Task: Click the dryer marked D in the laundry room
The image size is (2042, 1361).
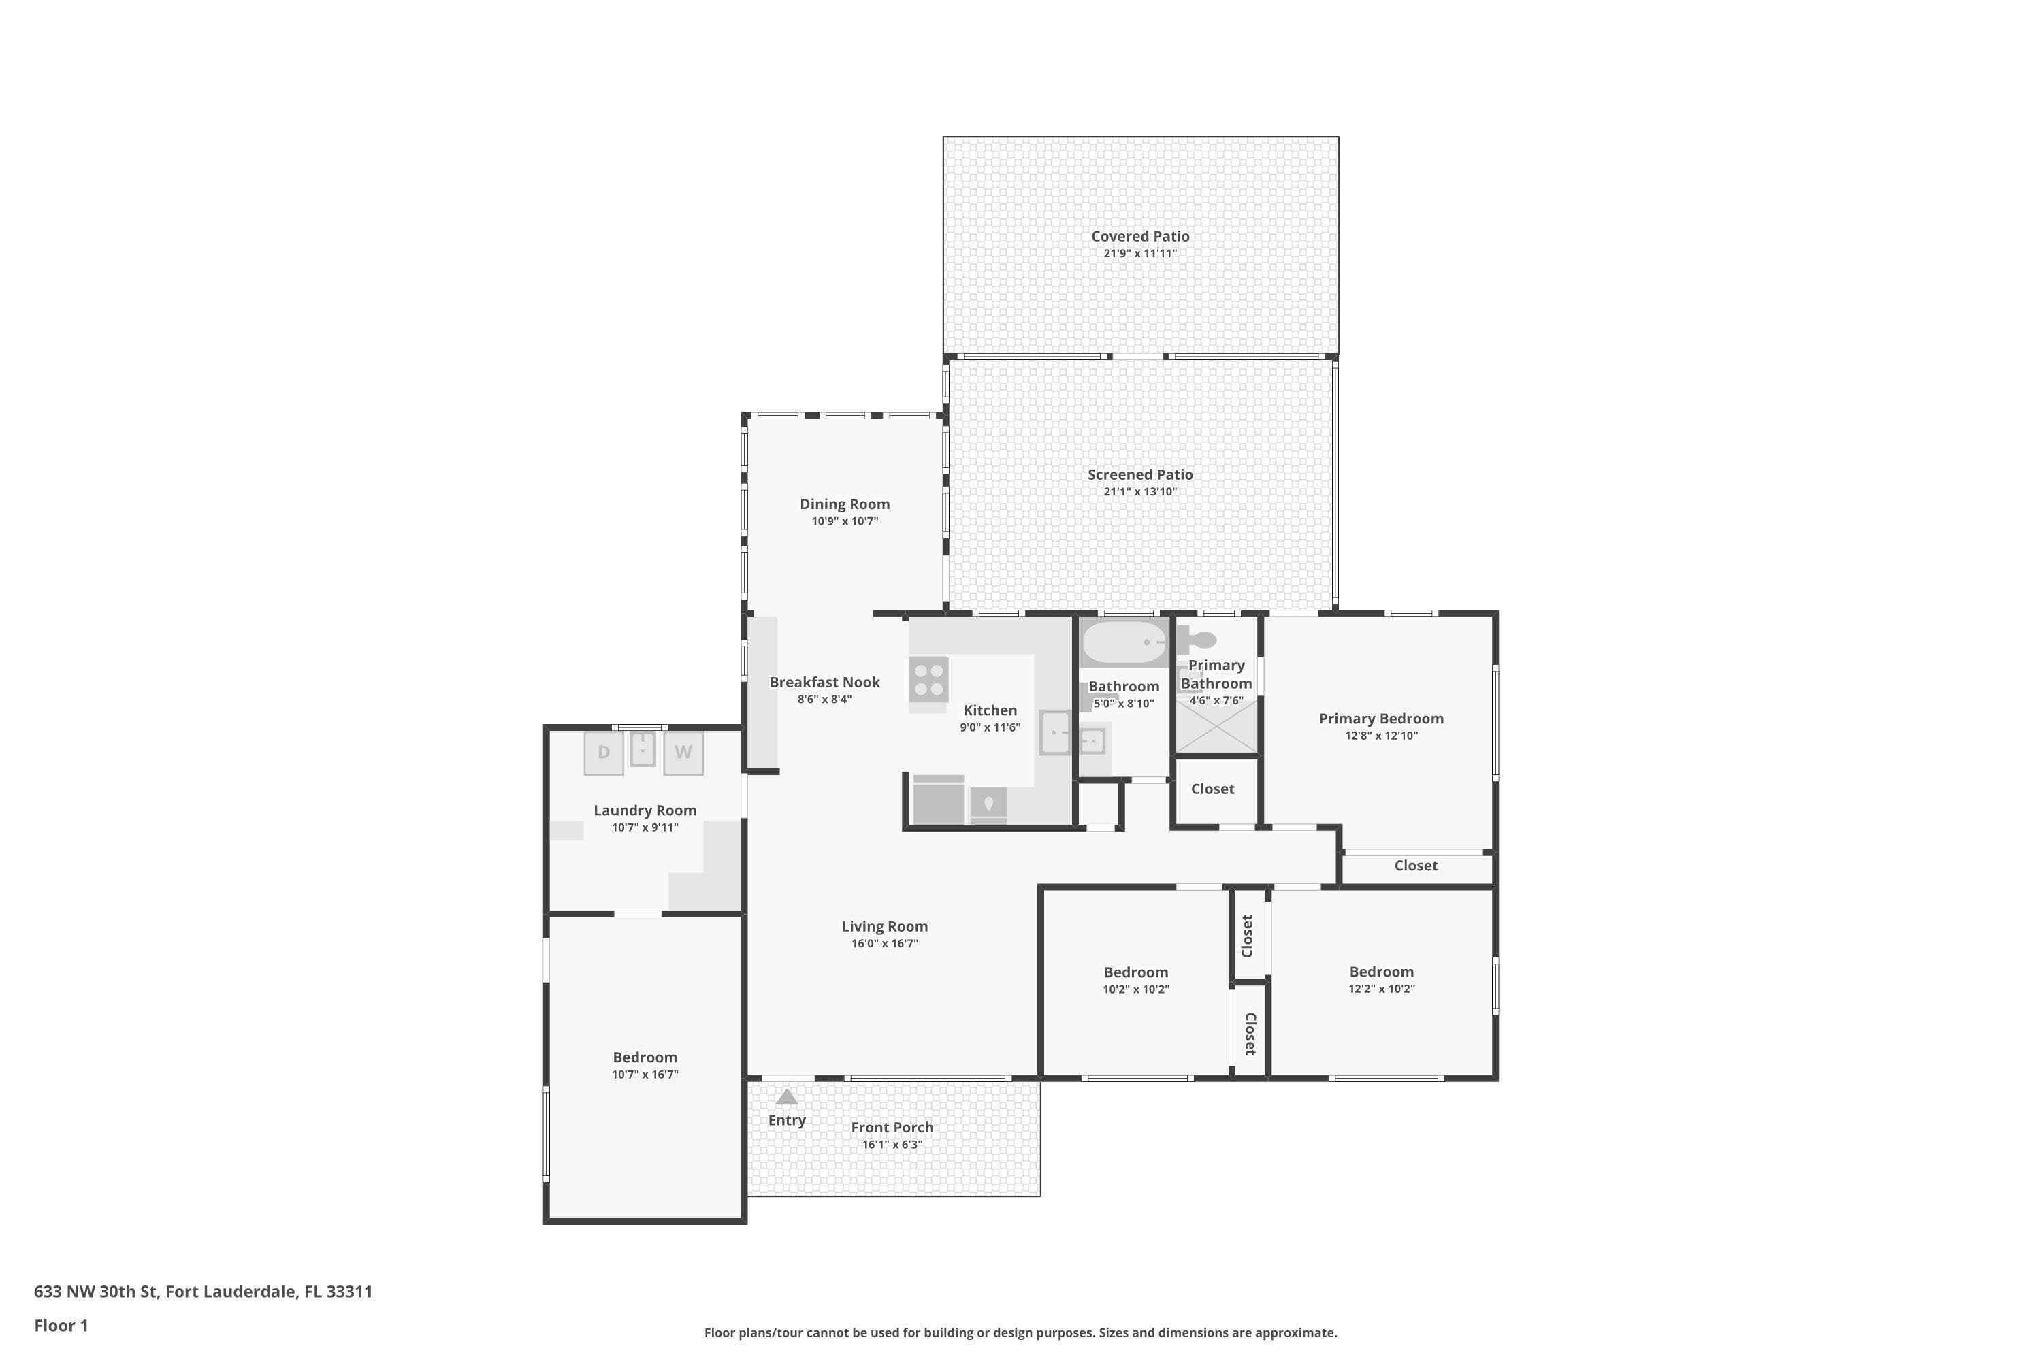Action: coord(603,753)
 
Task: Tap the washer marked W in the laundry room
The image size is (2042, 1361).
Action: coord(683,753)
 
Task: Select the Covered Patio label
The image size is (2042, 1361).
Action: coord(1140,236)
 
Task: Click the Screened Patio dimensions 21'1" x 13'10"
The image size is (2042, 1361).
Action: coord(1140,491)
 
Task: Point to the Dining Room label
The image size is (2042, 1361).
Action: coord(845,504)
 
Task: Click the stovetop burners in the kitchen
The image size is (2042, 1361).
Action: coord(929,680)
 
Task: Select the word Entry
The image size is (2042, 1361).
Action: coord(787,1121)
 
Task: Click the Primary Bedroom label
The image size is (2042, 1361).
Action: coord(1381,719)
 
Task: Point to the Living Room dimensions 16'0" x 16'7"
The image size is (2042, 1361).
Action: coord(885,943)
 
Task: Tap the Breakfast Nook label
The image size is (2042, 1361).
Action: coord(825,683)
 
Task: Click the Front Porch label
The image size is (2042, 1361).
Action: coord(892,1128)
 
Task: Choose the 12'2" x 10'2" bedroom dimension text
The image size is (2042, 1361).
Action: coord(1381,989)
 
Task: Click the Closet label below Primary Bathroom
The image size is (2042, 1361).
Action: coord(1213,789)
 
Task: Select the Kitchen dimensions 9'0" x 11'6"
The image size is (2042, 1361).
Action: coord(990,727)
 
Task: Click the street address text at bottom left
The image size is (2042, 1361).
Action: coord(203,1292)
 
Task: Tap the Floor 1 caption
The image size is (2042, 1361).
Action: coord(61,1326)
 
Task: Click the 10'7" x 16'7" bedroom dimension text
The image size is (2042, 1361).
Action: coord(645,1075)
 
